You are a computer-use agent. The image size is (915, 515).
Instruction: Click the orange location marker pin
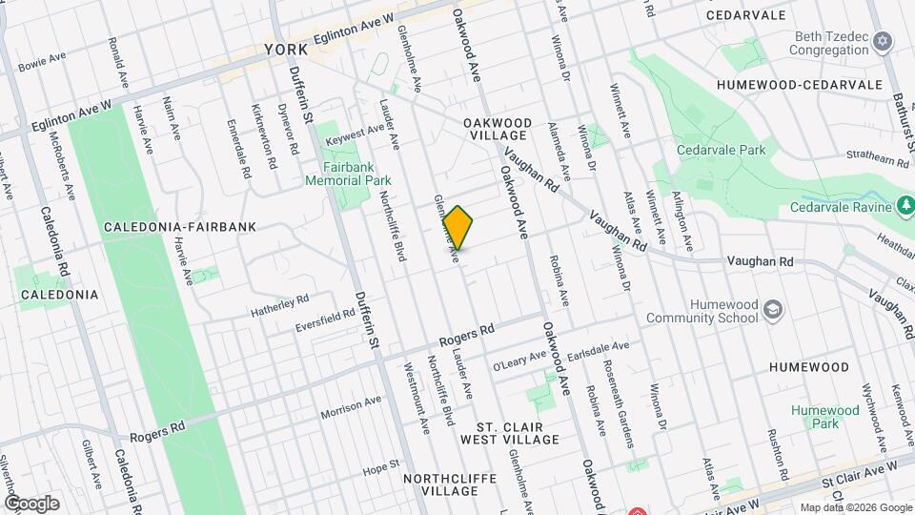tap(458, 228)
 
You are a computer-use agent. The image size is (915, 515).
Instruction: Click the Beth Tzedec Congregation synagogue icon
tap(883, 41)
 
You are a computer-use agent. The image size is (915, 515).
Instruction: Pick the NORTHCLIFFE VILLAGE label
tap(439, 484)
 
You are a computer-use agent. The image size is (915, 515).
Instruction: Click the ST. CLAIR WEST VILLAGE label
tap(509, 432)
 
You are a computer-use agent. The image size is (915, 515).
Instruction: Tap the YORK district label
tap(286, 49)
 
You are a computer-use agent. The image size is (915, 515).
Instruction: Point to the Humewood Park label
tap(824, 417)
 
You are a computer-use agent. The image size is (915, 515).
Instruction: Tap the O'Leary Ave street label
tap(516, 361)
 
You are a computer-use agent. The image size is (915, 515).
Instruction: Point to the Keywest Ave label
tap(354, 134)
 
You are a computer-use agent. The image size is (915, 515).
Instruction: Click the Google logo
tap(31, 503)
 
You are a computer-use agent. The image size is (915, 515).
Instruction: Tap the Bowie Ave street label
tap(41, 63)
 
